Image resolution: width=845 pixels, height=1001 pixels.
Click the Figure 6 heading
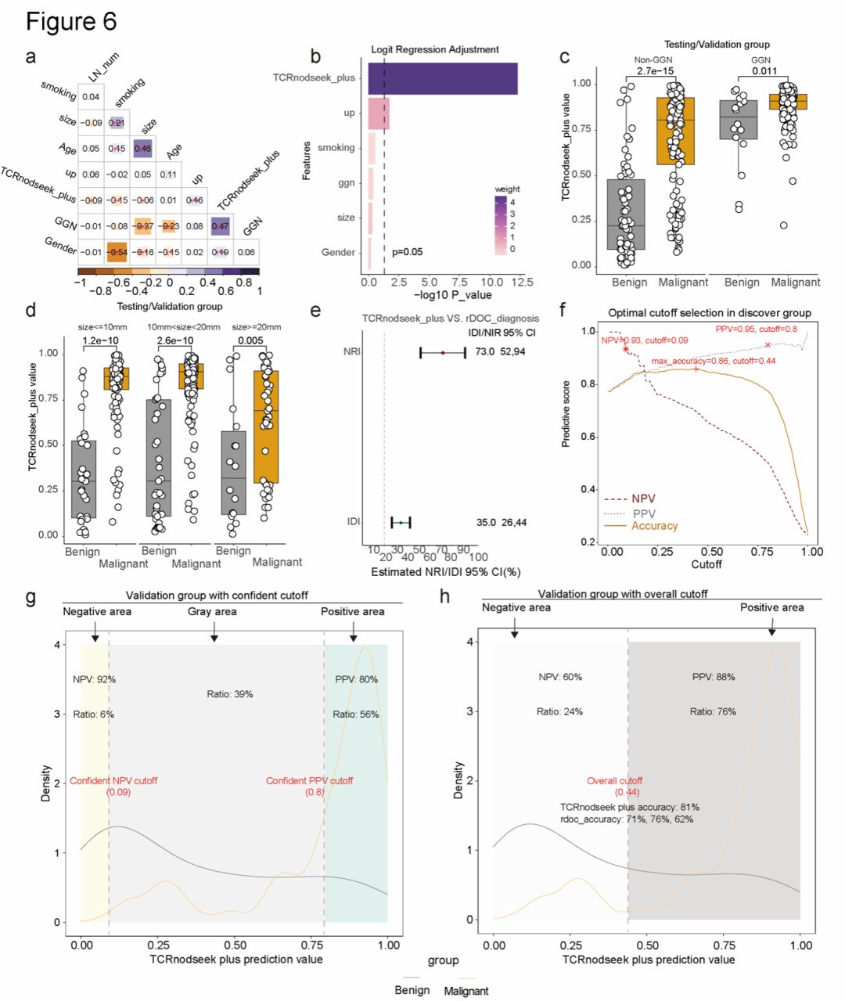tap(71, 21)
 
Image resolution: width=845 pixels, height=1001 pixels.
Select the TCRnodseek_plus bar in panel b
tap(442, 78)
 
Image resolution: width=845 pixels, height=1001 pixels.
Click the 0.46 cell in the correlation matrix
tap(142, 148)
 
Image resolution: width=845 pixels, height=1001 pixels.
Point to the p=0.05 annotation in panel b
tap(407, 252)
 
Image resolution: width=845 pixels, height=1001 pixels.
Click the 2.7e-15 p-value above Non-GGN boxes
tap(656, 71)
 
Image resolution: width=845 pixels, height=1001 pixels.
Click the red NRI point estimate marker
tap(443, 353)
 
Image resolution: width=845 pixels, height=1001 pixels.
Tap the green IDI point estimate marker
tap(401, 522)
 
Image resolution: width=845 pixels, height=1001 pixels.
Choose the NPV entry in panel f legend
tap(631, 499)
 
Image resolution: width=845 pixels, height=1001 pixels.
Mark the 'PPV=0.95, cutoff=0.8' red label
tap(756, 329)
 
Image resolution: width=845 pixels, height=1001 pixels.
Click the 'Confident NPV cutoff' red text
tap(113, 781)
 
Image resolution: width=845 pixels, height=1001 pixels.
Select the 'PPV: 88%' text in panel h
tap(714, 677)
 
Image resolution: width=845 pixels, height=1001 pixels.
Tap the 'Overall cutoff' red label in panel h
tap(614, 781)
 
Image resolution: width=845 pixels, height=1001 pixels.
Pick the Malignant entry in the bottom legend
tap(466, 991)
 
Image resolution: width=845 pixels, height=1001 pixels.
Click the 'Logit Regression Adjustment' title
tap(435, 49)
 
